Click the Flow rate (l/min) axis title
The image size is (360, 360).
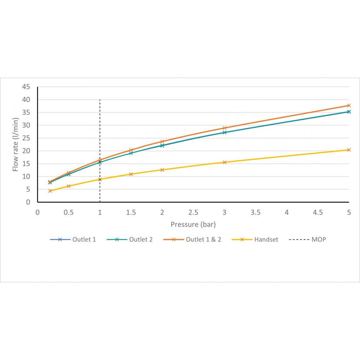click(16, 145)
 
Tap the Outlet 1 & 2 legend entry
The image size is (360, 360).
click(192, 240)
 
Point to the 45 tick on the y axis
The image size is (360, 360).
click(26, 87)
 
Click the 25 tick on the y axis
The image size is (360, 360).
click(26, 138)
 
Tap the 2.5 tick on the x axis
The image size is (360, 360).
click(193, 212)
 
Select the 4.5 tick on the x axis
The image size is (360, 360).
click(318, 212)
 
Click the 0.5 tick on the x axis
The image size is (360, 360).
click(68, 212)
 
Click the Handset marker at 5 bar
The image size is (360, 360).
click(349, 150)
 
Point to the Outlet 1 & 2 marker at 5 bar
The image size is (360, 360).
click(349, 105)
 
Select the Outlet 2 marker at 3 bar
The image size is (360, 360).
click(224, 132)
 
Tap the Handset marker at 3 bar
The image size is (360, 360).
click(224, 162)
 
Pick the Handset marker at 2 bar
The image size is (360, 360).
click(162, 170)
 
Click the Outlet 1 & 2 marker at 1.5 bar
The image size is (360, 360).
click(131, 150)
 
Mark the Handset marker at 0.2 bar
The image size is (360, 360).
click(50, 191)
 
